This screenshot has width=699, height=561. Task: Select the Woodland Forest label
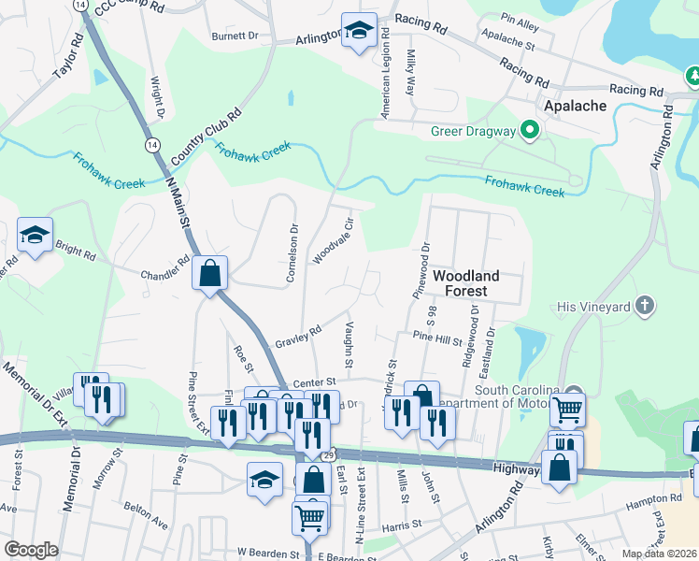click(x=465, y=283)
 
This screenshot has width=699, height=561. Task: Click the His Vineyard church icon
click(x=644, y=306)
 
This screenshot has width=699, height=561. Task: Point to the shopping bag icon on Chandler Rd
click(x=210, y=275)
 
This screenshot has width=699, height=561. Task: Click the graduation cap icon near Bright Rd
click(x=35, y=236)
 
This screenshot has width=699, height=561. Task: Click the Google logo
click(x=30, y=550)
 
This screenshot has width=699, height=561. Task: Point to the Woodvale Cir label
click(x=333, y=241)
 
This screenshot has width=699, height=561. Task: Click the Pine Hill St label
click(x=437, y=338)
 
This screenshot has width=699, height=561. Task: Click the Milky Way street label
click(x=409, y=74)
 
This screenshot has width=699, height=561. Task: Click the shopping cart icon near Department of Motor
click(x=567, y=410)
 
